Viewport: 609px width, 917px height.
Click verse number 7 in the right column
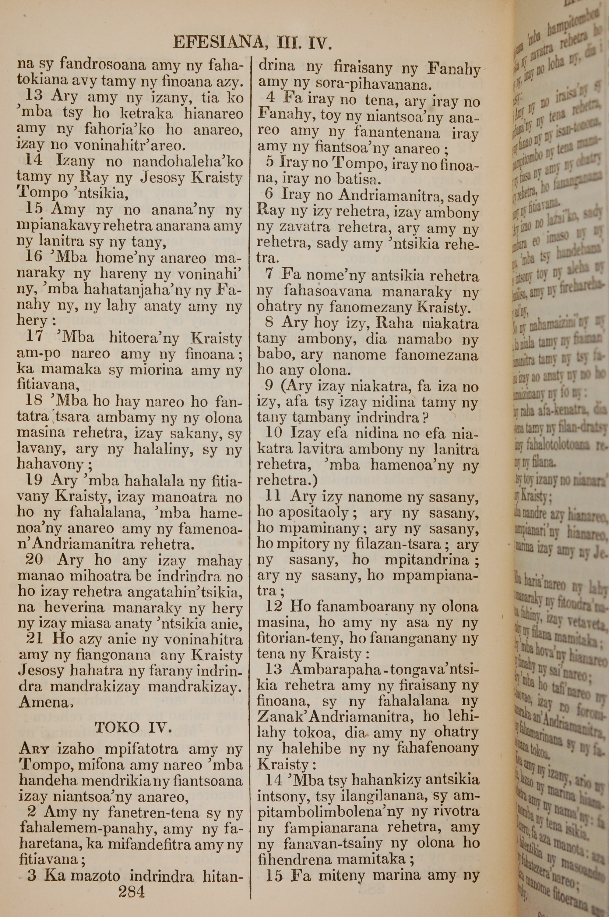pos(269,275)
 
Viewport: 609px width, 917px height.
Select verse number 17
pos(34,336)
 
